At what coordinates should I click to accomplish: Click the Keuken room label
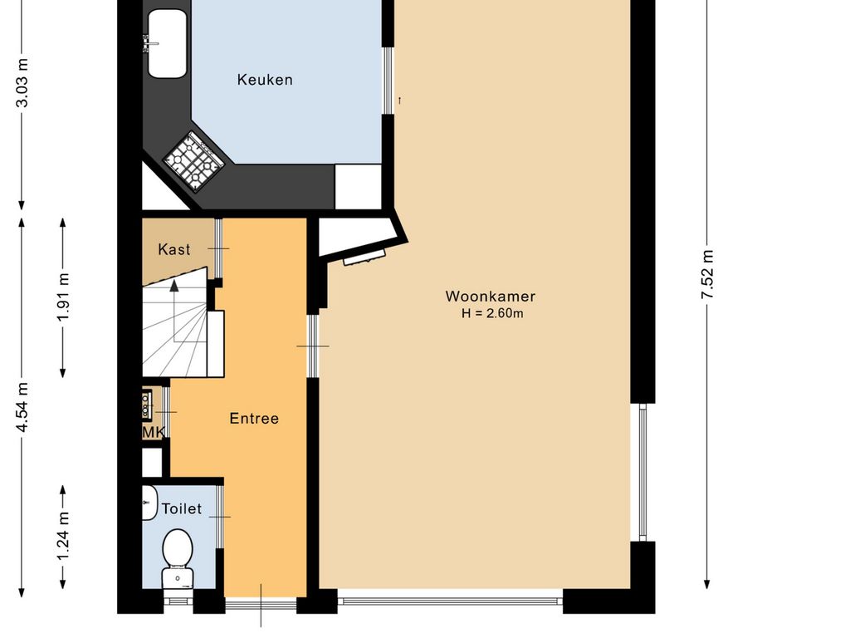coord(265,80)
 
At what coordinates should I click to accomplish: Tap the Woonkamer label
coord(491,297)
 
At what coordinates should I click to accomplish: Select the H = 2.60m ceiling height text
coord(492,313)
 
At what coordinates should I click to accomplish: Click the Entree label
coord(254,419)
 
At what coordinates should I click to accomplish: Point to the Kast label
coord(174,249)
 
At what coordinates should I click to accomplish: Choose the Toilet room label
coord(182,509)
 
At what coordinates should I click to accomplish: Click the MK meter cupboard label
coord(153,432)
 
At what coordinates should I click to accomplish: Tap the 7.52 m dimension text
coord(707,274)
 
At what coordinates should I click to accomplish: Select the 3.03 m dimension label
coord(22,82)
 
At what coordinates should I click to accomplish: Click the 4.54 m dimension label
coord(22,407)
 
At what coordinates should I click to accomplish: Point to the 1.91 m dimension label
coord(63,297)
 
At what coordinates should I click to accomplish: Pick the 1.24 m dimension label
coord(63,537)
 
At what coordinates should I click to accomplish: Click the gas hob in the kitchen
coord(194,162)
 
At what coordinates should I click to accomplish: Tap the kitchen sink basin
coord(168,43)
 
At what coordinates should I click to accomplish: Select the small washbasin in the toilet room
coord(149,503)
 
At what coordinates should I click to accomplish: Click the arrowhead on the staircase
coord(174,286)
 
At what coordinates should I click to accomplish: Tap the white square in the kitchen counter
coord(358,186)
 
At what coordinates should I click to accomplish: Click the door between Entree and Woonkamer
coord(313,346)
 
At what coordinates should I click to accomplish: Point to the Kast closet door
coord(218,248)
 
